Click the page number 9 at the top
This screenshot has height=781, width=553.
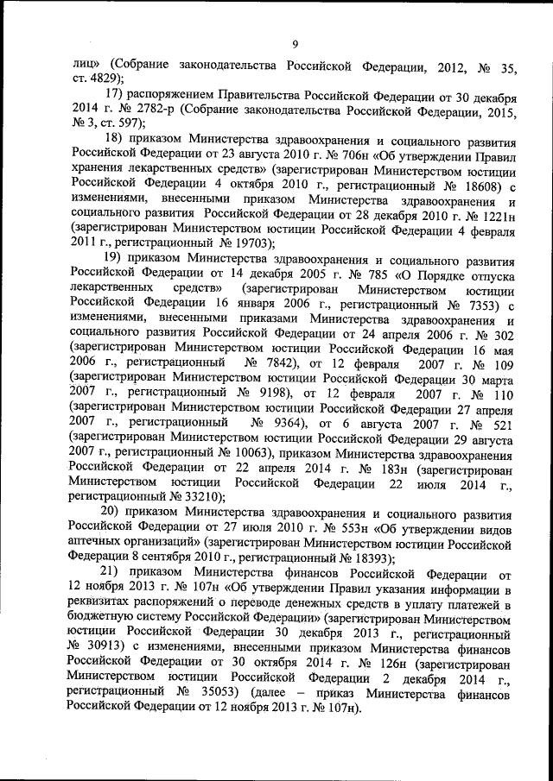click(x=295, y=45)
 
